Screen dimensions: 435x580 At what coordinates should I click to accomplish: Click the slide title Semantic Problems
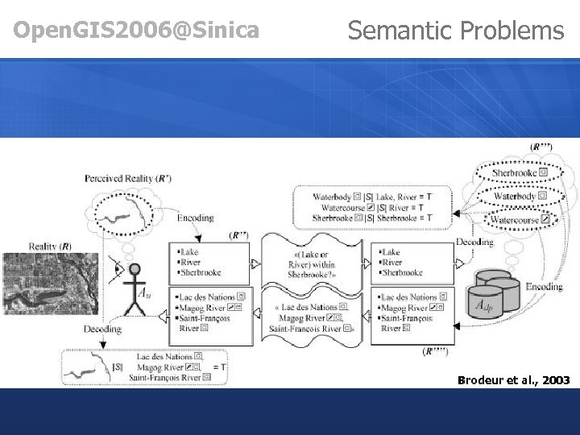click(x=455, y=31)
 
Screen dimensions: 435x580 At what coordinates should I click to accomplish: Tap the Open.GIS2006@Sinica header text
click(x=137, y=31)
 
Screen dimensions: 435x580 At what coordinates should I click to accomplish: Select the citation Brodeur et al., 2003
click(x=512, y=379)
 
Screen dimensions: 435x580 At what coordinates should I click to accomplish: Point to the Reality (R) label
click(x=50, y=246)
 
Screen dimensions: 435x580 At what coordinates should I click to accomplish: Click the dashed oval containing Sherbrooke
click(x=520, y=172)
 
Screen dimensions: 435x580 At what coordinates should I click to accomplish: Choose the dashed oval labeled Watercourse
click(x=520, y=219)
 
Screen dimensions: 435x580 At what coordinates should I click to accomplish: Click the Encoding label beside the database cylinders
click(x=545, y=287)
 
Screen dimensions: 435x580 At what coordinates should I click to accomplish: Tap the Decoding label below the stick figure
click(x=102, y=329)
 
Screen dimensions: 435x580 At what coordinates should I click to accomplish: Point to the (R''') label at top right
click(x=541, y=147)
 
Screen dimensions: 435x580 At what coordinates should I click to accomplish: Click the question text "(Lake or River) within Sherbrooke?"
click(x=313, y=264)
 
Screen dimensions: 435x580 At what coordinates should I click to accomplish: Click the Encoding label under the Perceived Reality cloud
click(x=195, y=217)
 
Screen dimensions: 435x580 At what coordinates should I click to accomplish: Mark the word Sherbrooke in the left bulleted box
click(x=202, y=272)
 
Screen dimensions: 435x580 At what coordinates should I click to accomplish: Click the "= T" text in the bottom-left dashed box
click(x=218, y=366)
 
